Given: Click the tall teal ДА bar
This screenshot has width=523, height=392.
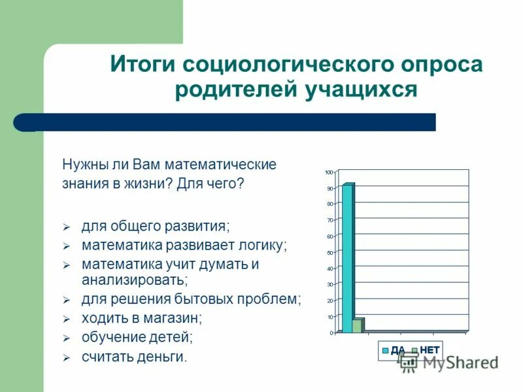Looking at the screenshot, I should (x=347, y=258).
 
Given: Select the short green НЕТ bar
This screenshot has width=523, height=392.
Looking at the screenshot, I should (x=357, y=325).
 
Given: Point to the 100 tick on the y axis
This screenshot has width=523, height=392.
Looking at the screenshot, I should (x=329, y=172).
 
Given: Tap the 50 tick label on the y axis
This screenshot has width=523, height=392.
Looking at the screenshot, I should (x=329, y=252).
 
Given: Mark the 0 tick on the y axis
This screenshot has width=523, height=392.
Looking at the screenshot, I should (x=331, y=333).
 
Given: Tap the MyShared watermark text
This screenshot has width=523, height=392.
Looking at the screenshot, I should (x=458, y=363).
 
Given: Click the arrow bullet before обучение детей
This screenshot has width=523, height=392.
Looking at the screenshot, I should (x=65, y=339).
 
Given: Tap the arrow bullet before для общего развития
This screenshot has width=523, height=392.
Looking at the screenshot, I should (x=65, y=227).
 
